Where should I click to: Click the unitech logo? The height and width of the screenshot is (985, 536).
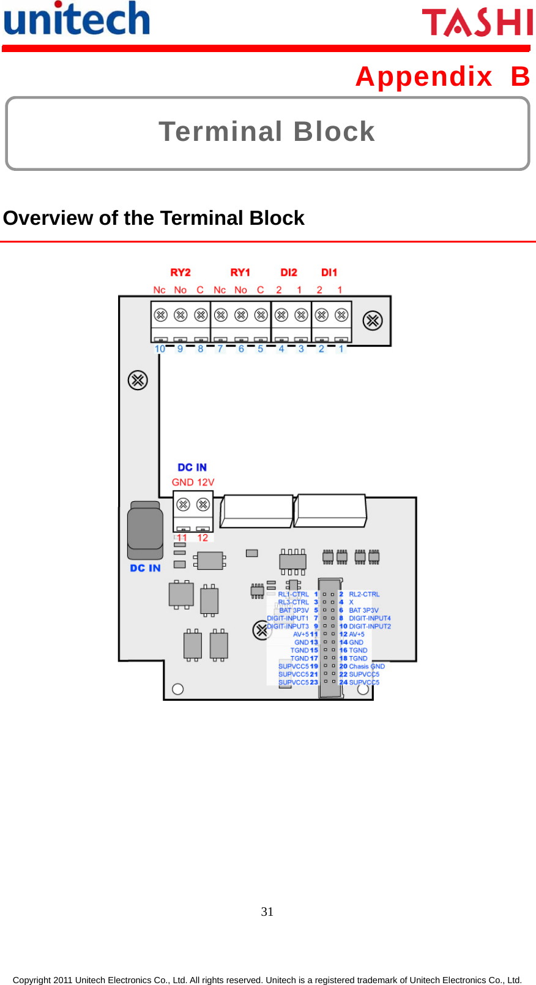76,18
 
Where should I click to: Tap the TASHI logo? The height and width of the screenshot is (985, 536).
477,23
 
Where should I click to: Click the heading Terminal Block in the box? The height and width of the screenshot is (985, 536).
267,132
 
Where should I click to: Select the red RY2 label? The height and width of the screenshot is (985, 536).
181,273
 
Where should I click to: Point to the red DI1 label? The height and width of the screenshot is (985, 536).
329,273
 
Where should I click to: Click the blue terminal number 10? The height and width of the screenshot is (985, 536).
160,349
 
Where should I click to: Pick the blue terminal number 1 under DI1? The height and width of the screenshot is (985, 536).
341,349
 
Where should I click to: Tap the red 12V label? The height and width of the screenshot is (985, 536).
206,483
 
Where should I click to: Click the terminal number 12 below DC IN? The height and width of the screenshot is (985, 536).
203,538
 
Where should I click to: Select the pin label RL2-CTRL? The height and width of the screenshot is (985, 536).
364,594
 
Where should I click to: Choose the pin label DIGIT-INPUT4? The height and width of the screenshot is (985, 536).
370,618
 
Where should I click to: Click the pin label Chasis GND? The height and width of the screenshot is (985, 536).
367,666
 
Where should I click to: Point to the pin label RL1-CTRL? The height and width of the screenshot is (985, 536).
294,594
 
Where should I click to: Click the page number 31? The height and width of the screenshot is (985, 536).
267,911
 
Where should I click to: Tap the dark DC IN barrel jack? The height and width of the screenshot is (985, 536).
145,529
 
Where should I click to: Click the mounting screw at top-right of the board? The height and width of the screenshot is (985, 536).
373,320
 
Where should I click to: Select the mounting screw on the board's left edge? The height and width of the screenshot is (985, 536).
138,380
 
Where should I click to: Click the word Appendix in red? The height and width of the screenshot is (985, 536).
424,77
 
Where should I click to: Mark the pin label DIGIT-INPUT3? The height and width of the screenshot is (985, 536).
288,626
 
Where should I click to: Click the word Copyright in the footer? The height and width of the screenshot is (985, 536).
32,980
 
